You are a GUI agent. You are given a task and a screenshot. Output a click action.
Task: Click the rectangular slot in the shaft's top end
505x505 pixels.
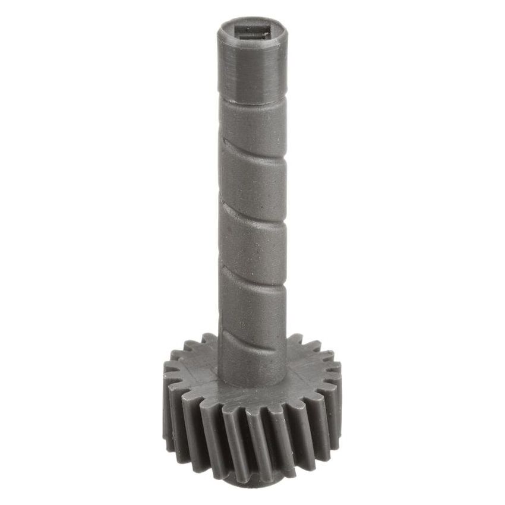tap(252, 31)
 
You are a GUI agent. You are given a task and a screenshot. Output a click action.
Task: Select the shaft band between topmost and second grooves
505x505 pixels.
tap(252, 178)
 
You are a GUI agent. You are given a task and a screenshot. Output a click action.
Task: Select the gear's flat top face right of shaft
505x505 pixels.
tap(309, 374)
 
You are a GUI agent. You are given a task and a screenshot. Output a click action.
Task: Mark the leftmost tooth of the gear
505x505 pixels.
tap(169, 398)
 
